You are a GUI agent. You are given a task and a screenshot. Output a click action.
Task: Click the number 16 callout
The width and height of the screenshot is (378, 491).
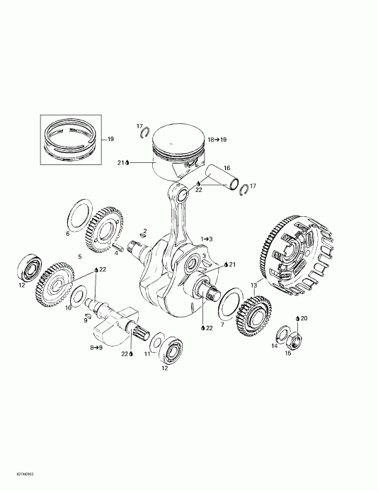[x=227, y=167]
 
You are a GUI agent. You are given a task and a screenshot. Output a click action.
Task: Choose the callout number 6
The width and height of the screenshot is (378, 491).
[x=67, y=233]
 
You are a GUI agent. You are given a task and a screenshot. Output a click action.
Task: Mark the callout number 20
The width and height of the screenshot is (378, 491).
[x=304, y=319]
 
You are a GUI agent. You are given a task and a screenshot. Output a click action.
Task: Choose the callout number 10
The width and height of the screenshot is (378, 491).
[x=69, y=308]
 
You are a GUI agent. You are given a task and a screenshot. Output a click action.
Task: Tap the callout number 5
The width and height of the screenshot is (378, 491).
[x=80, y=256]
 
